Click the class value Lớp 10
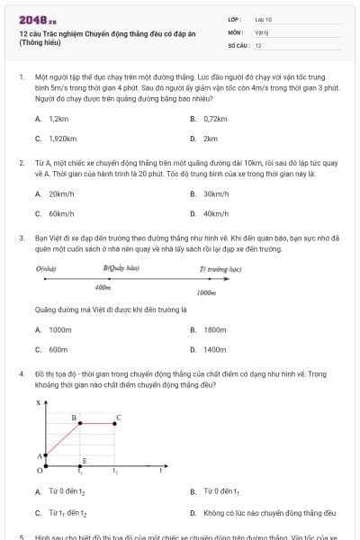[263, 19]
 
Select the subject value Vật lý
[262, 31]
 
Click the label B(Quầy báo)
[121, 268]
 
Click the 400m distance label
[103, 288]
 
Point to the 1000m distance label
[206, 292]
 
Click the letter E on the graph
[84, 461]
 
